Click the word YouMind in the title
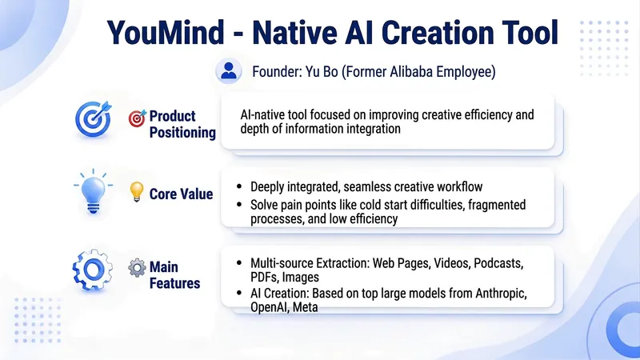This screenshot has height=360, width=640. [x=166, y=32]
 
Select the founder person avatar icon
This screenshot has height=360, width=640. [x=229, y=71]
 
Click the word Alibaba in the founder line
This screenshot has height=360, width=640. [x=411, y=71]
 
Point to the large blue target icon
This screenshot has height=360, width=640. [x=94, y=118]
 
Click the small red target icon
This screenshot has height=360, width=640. [x=137, y=118]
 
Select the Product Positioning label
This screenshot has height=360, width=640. [x=182, y=124]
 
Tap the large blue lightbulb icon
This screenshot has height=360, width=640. [x=94, y=191]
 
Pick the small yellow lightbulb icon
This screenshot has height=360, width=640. [x=137, y=191]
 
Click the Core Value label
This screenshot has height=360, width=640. [x=181, y=194]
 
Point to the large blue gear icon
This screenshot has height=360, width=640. [x=93, y=270]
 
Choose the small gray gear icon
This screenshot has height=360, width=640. [x=137, y=268]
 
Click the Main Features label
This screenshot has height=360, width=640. [x=174, y=275]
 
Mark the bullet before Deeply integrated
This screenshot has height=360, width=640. [x=239, y=186]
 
